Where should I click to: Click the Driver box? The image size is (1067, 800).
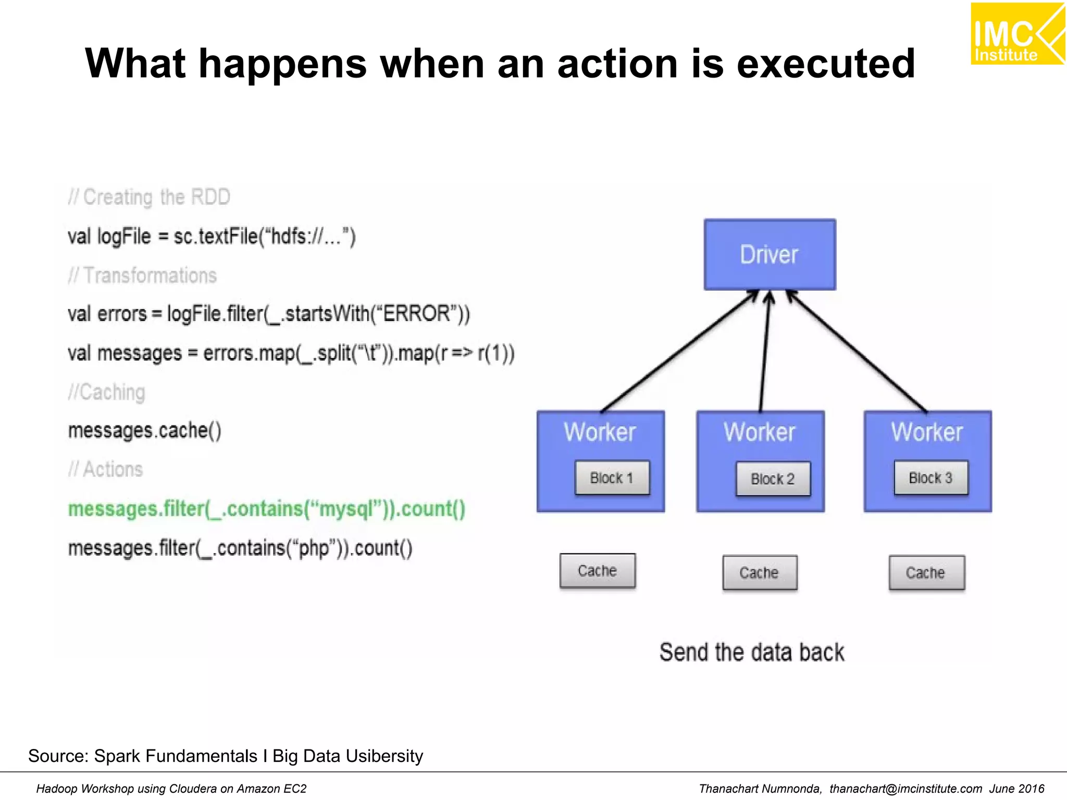(x=770, y=255)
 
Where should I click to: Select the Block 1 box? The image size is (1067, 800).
(x=612, y=478)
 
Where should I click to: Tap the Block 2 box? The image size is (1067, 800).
(x=773, y=479)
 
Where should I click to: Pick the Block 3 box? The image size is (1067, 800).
(x=931, y=478)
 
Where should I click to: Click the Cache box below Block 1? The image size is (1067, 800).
(x=598, y=571)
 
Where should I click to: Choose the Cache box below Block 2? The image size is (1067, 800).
(x=760, y=572)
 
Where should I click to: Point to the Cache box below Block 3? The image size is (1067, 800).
(x=926, y=572)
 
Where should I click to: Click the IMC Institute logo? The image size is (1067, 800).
(x=1016, y=34)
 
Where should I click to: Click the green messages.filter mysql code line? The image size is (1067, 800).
(x=267, y=509)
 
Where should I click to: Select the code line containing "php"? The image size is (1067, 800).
(x=240, y=548)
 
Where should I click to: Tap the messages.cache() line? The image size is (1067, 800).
(x=145, y=431)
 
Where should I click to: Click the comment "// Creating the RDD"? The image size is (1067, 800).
(x=149, y=197)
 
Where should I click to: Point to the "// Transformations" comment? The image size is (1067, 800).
(x=142, y=276)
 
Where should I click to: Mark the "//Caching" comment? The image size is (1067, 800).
(x=107, y=392)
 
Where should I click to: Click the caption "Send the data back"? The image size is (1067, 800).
(x=751, y=652)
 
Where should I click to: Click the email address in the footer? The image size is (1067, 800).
(x=905, y=789)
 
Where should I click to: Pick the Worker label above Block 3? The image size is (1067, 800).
(x=927, y=432)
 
